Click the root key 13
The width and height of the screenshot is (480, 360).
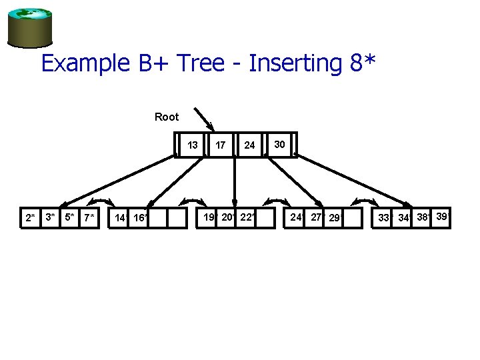point(193,145)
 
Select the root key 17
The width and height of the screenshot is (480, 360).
point(221,145)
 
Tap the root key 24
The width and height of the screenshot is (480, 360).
point(249,145)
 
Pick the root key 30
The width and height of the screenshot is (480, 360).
point(280,143)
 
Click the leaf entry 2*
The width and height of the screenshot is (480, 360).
point(30,217)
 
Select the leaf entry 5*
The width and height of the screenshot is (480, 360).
point(69,217)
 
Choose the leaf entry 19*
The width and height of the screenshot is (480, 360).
point(210,217)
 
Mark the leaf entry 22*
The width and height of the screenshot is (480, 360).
point(247,217)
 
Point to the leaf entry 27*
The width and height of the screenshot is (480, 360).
point(317,217)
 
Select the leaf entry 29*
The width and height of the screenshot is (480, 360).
point(335,217)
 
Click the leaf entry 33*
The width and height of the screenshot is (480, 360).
point(385,217)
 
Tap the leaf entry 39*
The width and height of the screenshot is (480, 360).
point(442,216)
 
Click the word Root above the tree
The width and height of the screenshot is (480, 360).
point(167,117)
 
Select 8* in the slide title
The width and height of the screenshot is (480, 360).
point(363,64)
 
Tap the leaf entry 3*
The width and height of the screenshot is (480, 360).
point(49,217)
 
